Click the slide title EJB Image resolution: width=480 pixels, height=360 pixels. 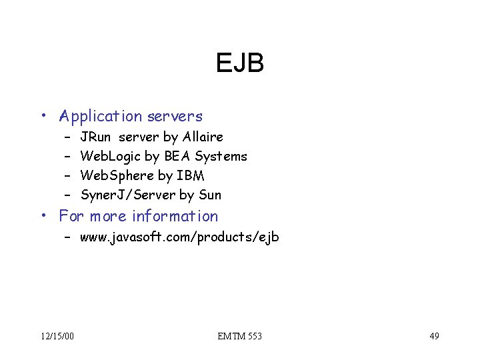pos(240,64)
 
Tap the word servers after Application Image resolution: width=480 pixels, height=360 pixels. pos(175,117)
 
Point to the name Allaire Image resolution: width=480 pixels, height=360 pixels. pos(203,137)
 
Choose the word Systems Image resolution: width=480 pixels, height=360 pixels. pos(221,157)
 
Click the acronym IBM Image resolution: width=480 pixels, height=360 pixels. pos(191,176)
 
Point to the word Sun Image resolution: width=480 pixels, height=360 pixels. pos(210,195)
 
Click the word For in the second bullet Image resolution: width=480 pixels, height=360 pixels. pos(72,217)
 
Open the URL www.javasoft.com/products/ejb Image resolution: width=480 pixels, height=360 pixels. pos(179,237)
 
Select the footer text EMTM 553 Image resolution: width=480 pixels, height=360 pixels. pos(240,336)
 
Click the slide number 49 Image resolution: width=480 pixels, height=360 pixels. pos(434,336)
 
